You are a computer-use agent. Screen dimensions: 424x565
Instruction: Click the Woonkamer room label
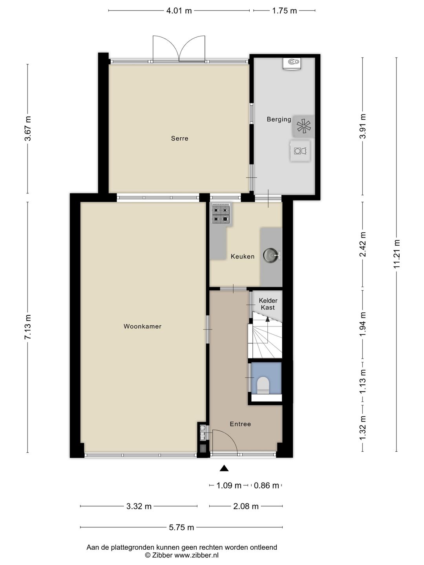click(143, 326)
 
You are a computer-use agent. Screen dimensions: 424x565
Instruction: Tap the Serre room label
click(180, 139)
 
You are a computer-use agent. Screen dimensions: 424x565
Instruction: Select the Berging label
click(279, 119)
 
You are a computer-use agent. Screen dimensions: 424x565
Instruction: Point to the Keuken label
click(243, 256)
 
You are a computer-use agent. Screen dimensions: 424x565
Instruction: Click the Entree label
click(240, 424)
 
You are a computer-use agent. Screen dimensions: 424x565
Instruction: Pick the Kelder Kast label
click(268, 304)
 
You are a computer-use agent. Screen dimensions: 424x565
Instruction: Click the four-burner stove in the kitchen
click(221, 215)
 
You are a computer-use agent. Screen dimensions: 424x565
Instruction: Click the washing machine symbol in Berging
click(300, 151)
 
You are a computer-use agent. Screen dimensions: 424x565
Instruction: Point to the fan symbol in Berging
click(304, 126)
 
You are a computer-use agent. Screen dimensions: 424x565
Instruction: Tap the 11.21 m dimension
click(397, 254)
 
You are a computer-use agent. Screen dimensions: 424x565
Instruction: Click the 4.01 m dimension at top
click(179, 11)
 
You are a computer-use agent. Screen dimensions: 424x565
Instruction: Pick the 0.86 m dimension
click(267, 485)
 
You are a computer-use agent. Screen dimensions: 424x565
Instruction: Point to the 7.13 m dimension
click(28, 327)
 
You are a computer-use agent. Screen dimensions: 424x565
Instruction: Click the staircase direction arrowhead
click(267, 319)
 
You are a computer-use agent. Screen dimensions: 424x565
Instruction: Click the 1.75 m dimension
click(285, 11)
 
